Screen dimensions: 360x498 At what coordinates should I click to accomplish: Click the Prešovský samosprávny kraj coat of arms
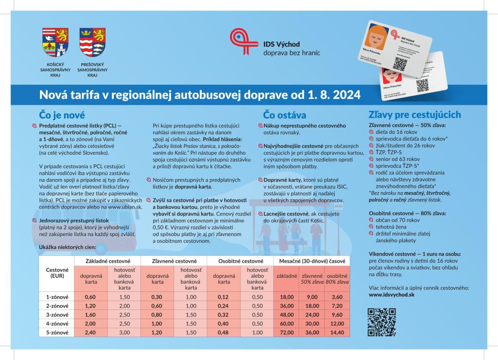[x=92, y=42]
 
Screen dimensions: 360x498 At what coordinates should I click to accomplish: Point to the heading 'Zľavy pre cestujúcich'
[x=415, y=115]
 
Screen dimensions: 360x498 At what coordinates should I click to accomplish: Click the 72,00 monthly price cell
[x=286, y=332]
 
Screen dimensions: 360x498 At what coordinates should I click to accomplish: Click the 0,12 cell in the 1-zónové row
[x=223, y=297]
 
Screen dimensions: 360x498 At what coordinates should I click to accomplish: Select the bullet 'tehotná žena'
[x=391, y=227]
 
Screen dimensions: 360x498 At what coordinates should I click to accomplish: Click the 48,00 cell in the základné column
[x=286, y=314]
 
